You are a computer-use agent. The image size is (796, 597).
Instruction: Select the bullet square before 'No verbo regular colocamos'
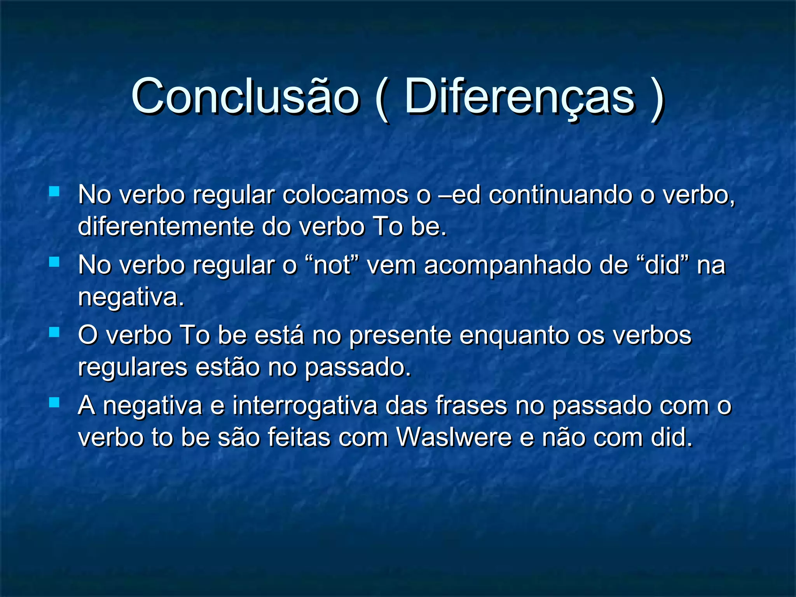coord(54,191)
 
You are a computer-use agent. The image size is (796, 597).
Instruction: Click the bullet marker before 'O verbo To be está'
coord(54,332)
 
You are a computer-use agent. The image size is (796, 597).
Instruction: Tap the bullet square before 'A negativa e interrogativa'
coord(54,402)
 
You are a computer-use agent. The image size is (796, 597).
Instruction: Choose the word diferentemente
coord(166,226)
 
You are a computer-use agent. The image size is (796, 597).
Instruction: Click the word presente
coord(400,335)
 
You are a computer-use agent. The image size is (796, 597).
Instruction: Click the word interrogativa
coord(305,406)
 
